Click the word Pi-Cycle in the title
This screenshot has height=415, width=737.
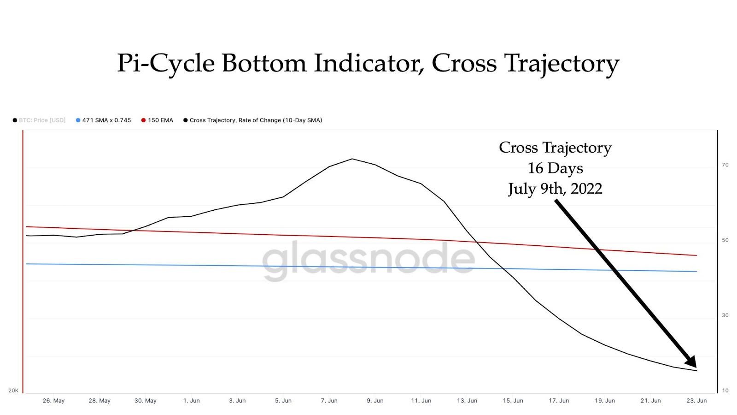(166, 64)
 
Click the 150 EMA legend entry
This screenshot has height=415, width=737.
(157, 120)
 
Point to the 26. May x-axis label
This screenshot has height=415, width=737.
(53, 401)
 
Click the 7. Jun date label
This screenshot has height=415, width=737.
(329, 401)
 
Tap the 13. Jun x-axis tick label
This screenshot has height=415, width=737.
(467, 401)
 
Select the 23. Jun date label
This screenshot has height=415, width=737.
(696, 401)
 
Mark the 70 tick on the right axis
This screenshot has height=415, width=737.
(725, 165)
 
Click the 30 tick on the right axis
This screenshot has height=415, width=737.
(725, 315)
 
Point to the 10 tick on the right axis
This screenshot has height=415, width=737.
(725, 391)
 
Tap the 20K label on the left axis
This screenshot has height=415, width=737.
(13, 391)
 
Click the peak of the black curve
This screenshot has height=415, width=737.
(352, 159)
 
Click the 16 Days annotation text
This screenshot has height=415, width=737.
(555, 168)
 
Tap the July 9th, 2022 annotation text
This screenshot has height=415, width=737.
(555, 189)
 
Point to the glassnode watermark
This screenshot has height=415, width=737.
(368, 259)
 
